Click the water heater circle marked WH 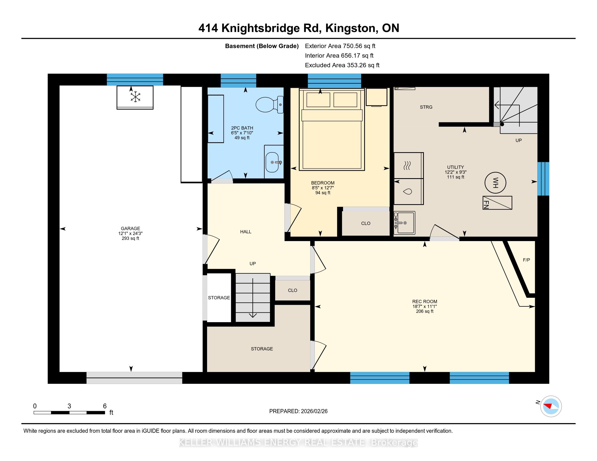[495, 183]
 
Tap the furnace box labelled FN [497, 203]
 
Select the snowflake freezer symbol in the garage [135, 97]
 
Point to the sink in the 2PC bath [272, 162]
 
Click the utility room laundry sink [404, 223]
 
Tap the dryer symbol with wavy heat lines [409, 165]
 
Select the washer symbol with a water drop [409, 192]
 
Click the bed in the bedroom [332, 129]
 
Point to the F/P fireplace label [526, 260]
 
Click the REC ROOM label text [424, 302]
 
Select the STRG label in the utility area [426, 107]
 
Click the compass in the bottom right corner [551, 406]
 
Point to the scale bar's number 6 [105, 406]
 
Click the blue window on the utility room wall [543, 179]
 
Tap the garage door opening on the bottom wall [134, 378]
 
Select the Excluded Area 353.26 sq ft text [342, 65]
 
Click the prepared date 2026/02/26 [313, 411]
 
